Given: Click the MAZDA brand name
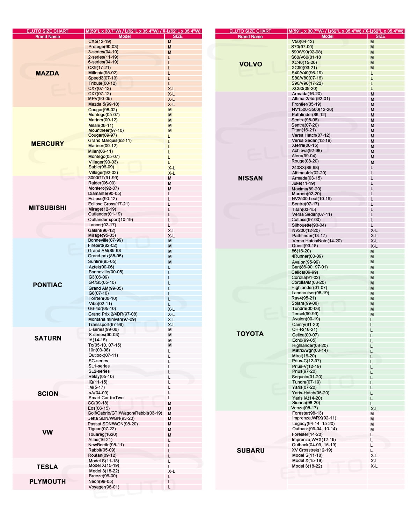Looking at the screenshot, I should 47,73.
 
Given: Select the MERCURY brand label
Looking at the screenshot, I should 47,144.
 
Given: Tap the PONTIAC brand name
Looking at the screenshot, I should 47,285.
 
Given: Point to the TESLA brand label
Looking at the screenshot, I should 47,467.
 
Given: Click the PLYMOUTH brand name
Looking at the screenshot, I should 47,482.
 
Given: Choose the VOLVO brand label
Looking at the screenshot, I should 250,64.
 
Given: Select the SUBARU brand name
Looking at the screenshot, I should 251,450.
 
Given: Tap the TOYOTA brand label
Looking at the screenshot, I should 250,334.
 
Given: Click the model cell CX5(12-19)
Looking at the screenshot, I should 100,41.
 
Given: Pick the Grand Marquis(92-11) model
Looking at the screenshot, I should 110,141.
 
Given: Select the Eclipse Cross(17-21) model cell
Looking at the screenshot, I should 109,204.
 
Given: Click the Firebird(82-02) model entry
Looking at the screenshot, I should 102,245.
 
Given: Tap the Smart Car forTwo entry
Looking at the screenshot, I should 106,398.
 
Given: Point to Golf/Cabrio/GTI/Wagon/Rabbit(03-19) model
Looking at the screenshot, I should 125,413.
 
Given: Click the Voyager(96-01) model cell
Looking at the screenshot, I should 104,487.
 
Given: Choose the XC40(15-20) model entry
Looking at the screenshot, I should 304,62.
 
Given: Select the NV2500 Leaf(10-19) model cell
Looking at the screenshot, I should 311,199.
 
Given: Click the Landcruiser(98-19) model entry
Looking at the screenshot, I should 310,293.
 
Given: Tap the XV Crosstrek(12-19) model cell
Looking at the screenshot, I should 312,450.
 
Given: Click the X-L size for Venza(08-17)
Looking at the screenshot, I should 374,409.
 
